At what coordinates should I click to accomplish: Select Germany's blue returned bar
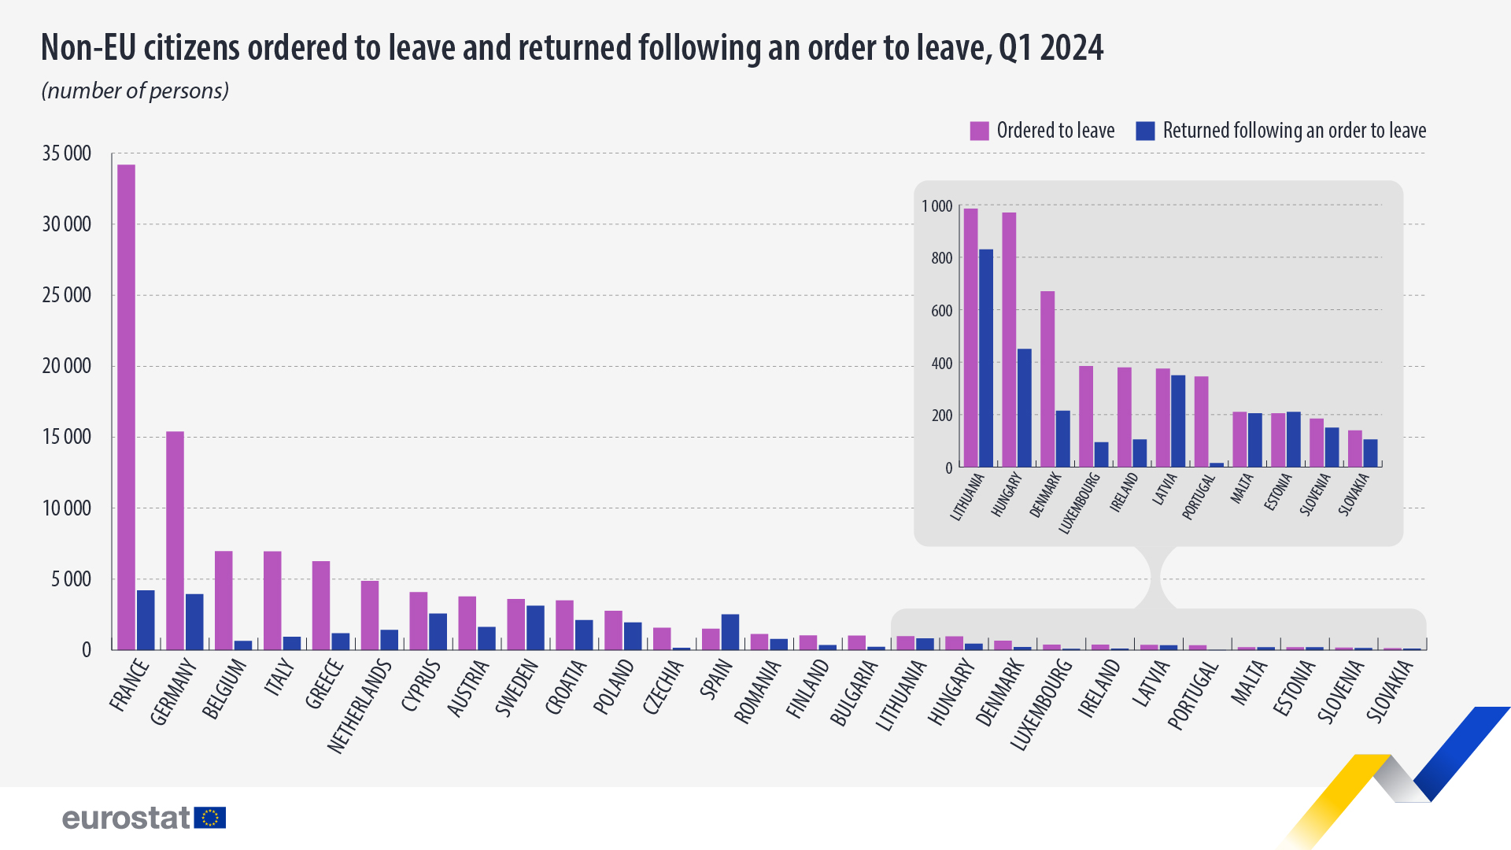click(x=194, y=622)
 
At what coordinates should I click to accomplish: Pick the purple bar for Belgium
click(x=224, y=600)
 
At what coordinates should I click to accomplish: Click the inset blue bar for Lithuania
click(x=985, y=359)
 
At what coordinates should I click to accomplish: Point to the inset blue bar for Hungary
click(x=1024, y=408)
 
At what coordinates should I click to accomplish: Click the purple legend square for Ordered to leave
click(x=979, y=131)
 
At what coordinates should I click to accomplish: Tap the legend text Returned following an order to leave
click(x=1294, y=131)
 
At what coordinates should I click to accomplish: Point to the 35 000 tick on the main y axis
click(x=67, y=153)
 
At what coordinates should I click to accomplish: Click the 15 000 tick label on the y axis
click(x=67, y=437)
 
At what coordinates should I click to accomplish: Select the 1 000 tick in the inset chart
click(x=937, y=206)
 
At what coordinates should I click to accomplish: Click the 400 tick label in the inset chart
click(x=941, y=364)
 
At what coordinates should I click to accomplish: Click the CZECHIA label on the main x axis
click(x=663, y=687)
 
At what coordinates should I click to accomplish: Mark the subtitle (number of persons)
click(x=135, y=91)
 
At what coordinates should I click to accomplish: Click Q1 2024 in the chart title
click(x=1051, y=48)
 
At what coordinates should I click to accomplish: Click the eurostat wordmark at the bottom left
click(x=126, y=818)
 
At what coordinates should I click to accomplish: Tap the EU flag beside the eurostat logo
click(x=210, y=818)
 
